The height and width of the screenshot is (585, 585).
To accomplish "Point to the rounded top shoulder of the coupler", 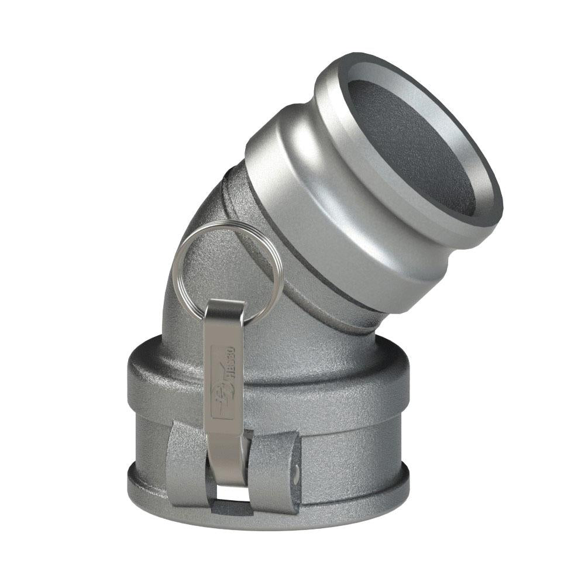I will tap(328, 363).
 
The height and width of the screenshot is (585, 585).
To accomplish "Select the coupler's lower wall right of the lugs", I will tap(351, 450).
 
